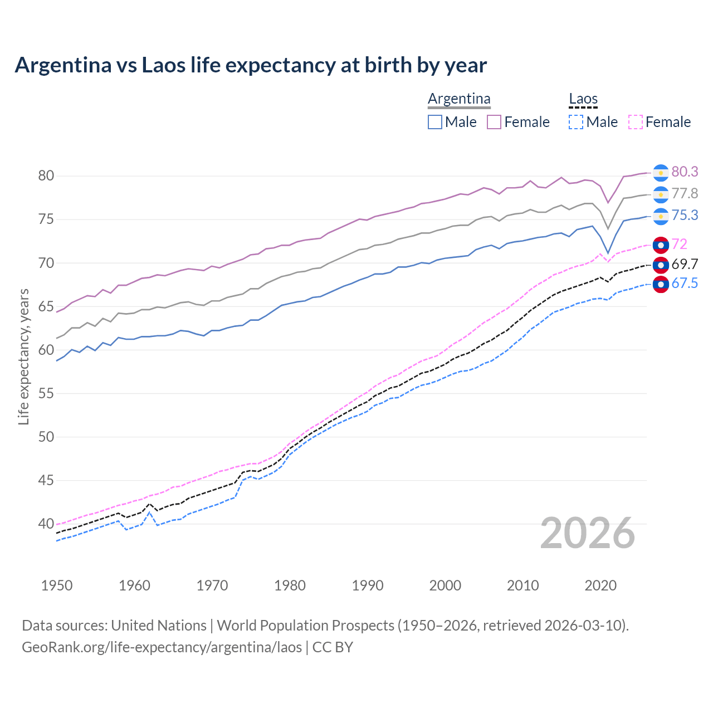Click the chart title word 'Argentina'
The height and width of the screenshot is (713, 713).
coord(63,65)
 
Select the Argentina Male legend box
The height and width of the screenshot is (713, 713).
coord(435,122)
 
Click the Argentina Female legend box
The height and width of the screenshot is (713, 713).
coord(494,122)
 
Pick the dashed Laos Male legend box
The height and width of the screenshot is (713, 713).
coord(576,122)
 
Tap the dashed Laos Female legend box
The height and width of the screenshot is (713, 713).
coord(636,122)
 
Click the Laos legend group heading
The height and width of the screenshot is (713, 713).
coord(583,99)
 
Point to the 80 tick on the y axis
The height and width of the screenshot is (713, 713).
coord(46,176)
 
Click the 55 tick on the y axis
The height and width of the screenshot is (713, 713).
coord(46,393)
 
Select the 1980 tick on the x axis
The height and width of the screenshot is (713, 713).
coord(290,585)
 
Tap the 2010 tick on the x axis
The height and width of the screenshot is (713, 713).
coord(522,585)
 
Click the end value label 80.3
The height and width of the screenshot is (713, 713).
coord(685,172)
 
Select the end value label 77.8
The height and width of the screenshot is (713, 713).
coord(685,194)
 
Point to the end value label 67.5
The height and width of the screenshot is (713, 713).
coord(685,284)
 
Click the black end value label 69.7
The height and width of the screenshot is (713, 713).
coord(685,264)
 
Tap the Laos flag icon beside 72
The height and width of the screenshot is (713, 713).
coord(661,245)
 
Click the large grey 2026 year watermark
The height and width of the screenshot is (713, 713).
coord(588,534)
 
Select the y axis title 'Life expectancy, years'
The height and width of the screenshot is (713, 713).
coord(23,356)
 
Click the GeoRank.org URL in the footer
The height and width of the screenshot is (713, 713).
coord(162,647)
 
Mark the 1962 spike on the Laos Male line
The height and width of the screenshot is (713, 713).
coord(149,512)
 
